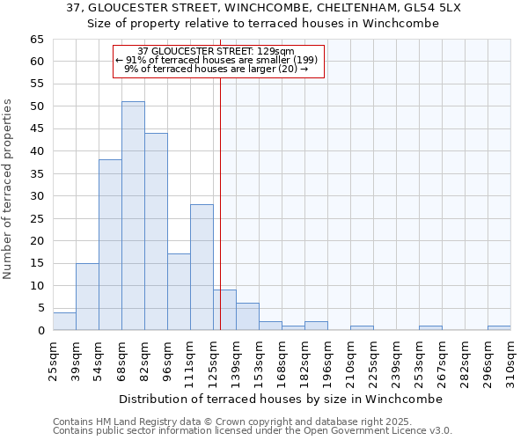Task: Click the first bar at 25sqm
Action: click(x=64, y=321)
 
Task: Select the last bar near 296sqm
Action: click(x=499, y=328)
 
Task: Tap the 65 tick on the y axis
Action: click(x=36, y=40)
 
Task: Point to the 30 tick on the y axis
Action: click(x=36, y=196)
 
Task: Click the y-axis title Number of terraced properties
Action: click(x=9, y=189)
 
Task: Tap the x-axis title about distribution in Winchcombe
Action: click(x=282, y=399)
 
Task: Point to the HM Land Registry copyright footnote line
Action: click(x=251, y=422)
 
